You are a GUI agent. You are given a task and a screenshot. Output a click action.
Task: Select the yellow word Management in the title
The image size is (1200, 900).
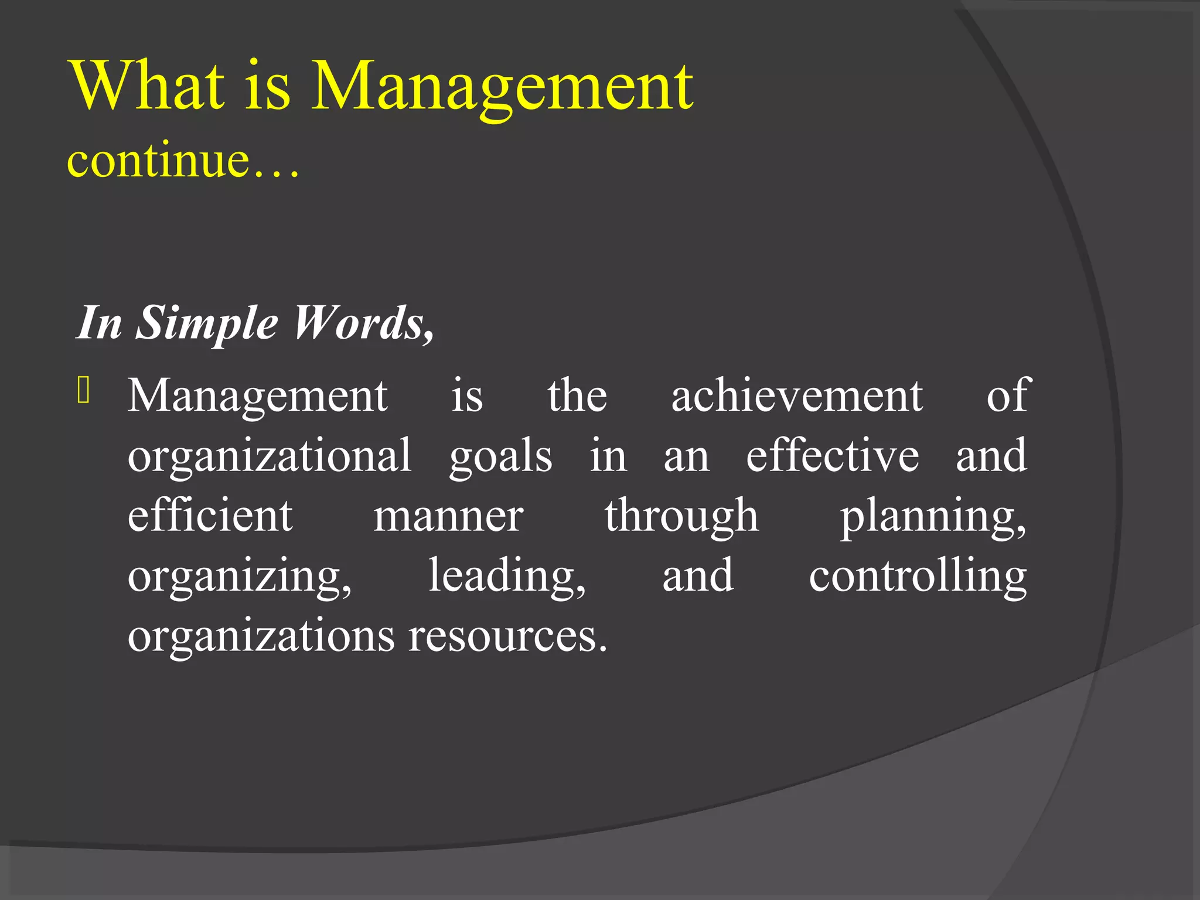[x=502, y=88]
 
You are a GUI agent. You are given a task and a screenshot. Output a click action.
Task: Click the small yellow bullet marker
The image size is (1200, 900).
[x=83, y=391]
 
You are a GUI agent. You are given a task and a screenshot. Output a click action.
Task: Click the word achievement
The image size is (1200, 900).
[x=797, y=396]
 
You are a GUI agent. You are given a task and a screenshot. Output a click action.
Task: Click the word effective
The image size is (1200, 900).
[x=832, y=456]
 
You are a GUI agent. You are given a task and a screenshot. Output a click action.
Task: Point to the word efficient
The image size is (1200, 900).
[x=210, y=516]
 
